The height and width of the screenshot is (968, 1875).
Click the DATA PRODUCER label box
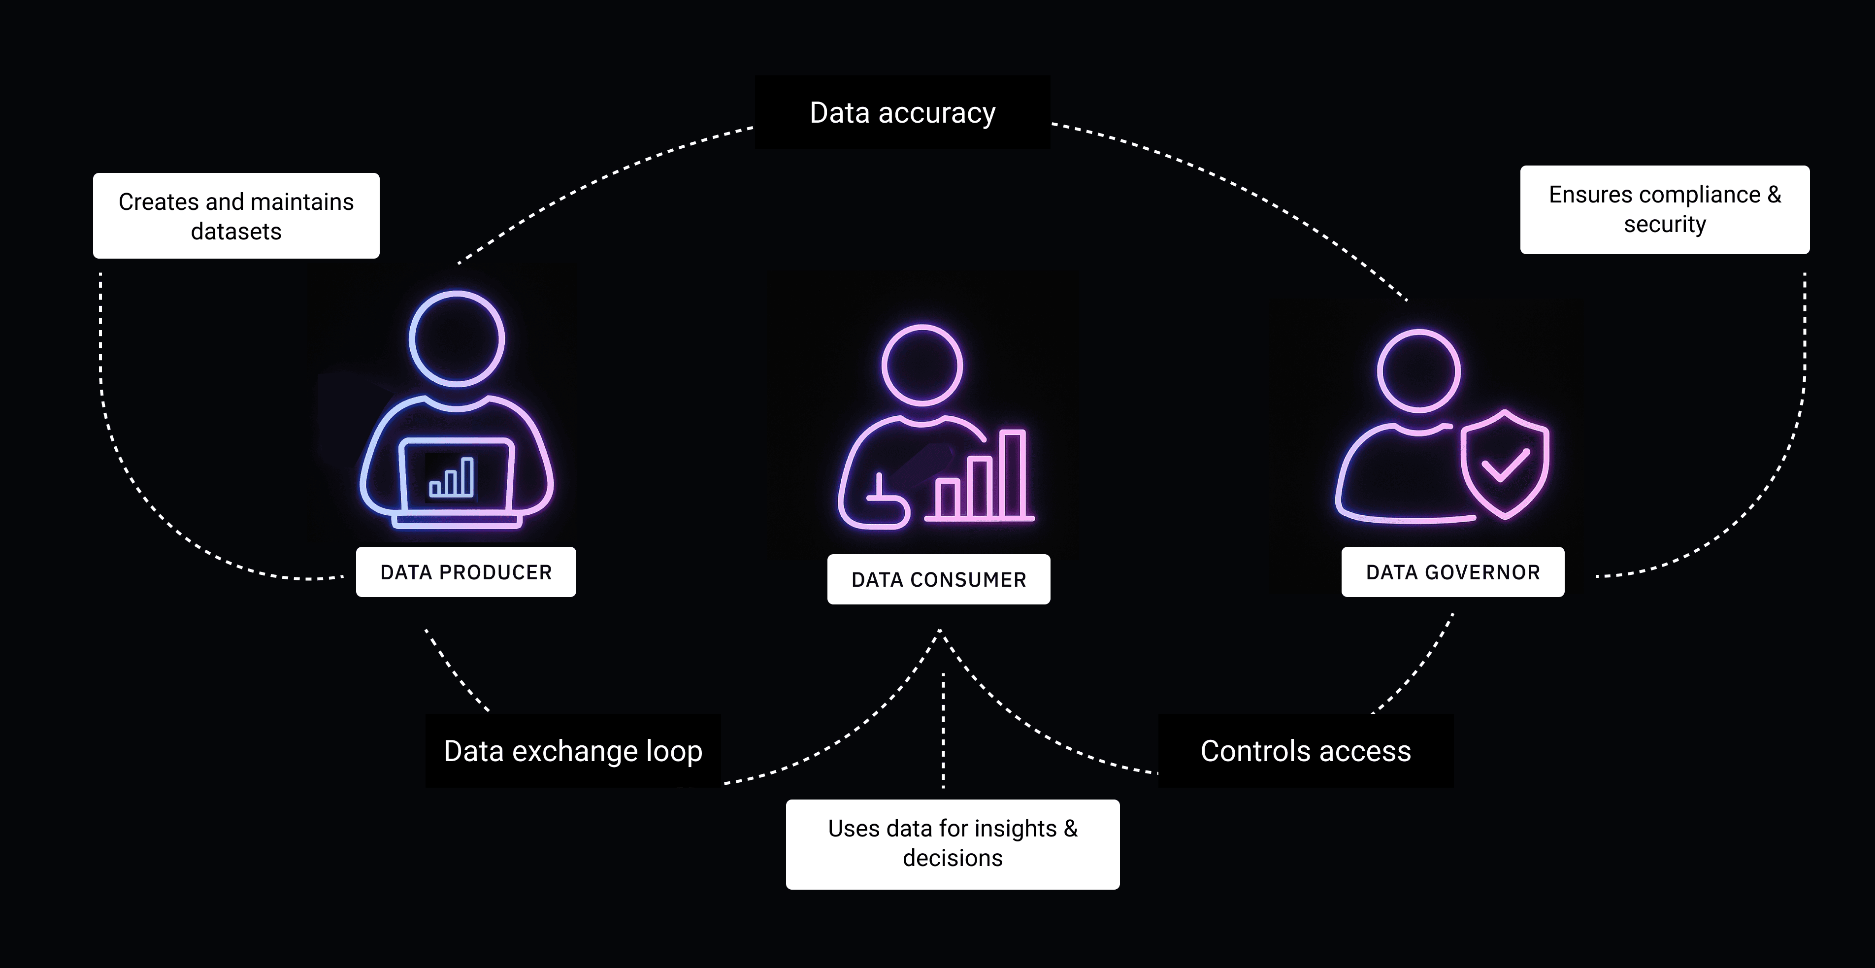[x=466, y=572]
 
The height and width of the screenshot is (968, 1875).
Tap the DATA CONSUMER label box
[x=938, y=579]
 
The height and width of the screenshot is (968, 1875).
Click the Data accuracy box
[x=903, y=113]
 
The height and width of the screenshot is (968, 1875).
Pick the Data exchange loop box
[x=573, y=750]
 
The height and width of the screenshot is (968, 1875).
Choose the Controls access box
[x=1305, y=750]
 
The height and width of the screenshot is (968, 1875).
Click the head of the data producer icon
[x=457, y=338]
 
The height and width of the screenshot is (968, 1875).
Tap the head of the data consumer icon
[x=922, y=365]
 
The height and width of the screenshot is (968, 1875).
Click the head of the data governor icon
[x=1418, y=370]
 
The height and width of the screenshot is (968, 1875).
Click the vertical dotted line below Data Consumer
[x=943, y=728]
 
